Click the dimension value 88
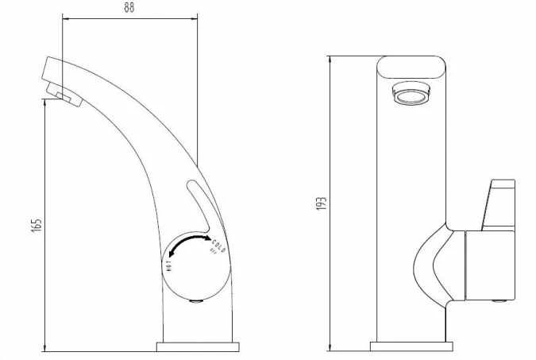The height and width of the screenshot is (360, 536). (129, 9)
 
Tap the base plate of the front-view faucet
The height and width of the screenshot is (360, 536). (412, 346)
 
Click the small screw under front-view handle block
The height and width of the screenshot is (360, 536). (498, 300)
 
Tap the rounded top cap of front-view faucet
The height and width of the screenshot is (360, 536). (412, 68)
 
